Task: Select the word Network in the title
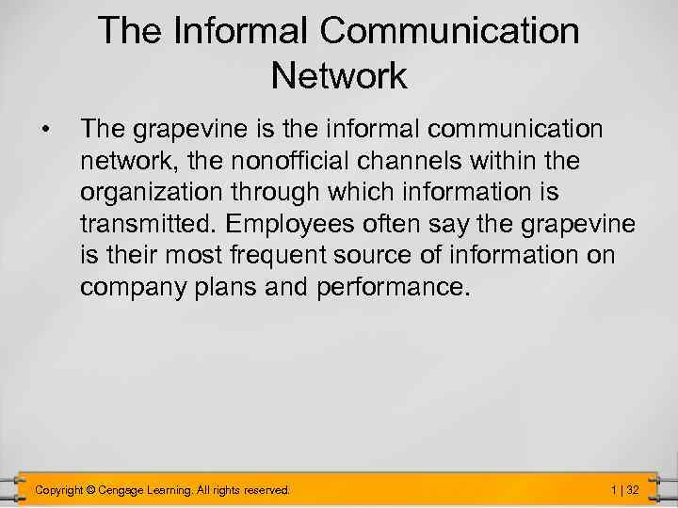pos(339,75)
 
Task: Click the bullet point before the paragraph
pos(44,127)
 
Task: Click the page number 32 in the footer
pos(633,489)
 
